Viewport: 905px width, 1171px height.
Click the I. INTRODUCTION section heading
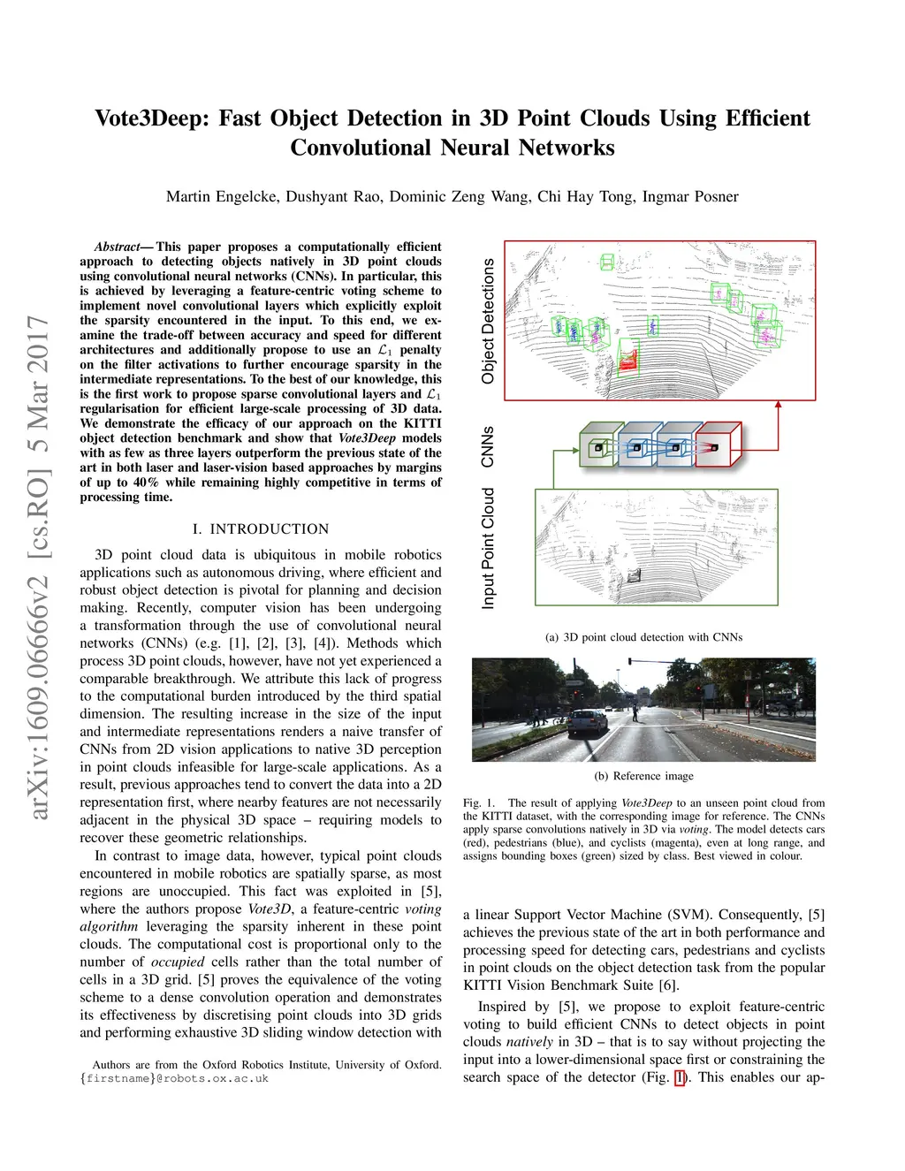tap(261, 529)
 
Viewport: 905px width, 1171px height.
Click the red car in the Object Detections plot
tap(628, 359)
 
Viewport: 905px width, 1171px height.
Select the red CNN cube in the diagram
tap(717, 445)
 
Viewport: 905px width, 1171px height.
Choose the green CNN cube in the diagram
tap(599, 445)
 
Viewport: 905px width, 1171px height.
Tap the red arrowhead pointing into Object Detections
tap(779, 406)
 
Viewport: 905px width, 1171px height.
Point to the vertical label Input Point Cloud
tap(488, 549)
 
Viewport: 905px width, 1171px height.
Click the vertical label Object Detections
tap(488, 322)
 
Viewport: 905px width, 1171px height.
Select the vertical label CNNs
tap(488, 446)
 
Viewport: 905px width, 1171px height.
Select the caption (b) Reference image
tap(643, 776)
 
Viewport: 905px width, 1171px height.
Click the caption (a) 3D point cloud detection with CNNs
tap(643, 637)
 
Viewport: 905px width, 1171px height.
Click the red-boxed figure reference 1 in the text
tap(680, 1077)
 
